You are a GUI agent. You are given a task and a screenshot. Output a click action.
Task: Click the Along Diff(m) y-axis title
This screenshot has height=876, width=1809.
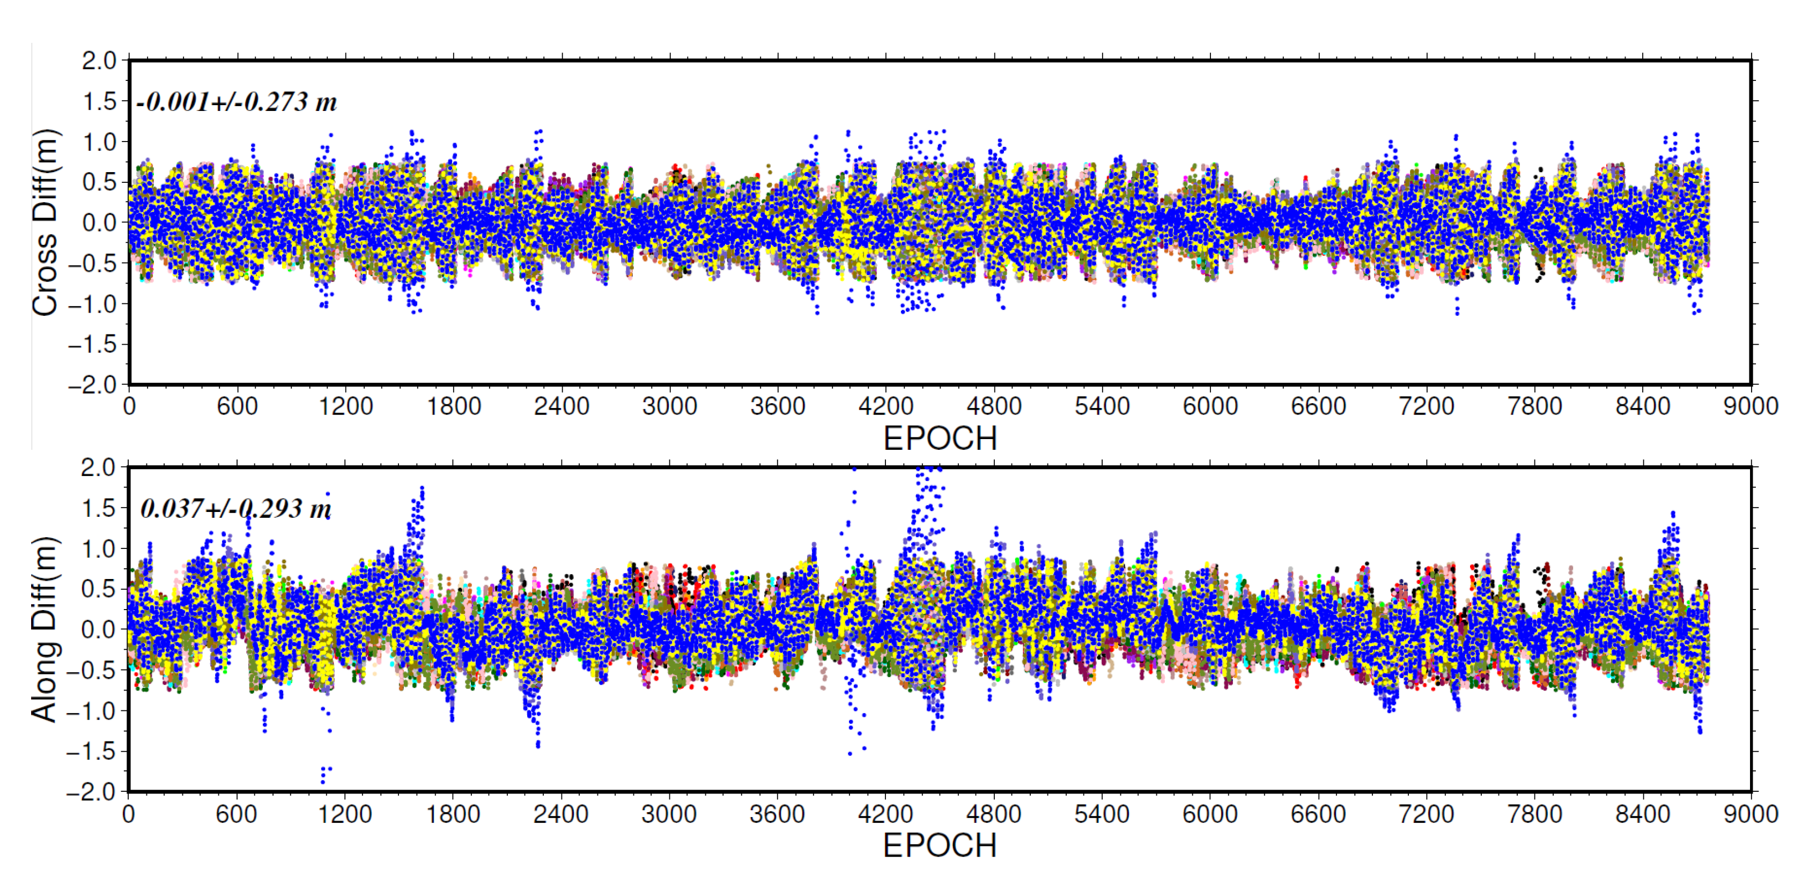43,629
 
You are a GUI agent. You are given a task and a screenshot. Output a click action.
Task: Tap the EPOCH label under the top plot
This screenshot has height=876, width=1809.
940,439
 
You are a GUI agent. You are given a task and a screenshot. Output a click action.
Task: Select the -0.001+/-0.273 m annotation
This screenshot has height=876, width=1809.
237,102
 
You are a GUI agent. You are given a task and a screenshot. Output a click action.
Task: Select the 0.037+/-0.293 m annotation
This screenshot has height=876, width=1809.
235,508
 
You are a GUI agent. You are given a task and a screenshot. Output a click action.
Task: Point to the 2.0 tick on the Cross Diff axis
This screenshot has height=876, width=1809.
99,61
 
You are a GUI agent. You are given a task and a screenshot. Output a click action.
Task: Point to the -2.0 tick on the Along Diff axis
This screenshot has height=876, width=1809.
91,792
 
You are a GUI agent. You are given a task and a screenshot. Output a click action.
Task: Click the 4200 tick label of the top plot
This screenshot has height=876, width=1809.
885,406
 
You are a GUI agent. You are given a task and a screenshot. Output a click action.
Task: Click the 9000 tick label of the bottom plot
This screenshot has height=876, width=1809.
1750,814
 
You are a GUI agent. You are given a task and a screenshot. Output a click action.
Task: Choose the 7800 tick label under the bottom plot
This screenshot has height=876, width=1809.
1534,814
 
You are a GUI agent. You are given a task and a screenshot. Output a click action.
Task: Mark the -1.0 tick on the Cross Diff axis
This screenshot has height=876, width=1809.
92,305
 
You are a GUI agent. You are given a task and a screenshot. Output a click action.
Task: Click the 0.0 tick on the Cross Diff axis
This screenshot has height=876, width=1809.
99,223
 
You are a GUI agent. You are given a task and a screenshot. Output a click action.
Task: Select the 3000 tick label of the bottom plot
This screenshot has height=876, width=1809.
669,814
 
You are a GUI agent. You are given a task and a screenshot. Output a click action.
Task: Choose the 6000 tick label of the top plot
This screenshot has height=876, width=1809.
1210,406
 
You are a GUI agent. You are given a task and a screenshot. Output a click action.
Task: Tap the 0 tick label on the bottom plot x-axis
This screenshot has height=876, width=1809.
129,814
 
